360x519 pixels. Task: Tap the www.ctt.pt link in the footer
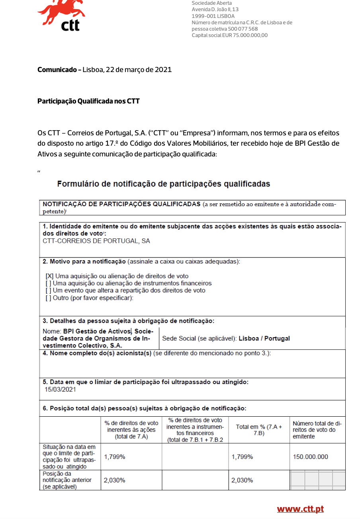[300, 509]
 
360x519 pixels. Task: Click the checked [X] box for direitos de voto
[49, 276]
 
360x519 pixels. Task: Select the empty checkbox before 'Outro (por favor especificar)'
[49, 298]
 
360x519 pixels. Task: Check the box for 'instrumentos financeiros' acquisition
[49, 283]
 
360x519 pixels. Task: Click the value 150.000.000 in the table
[310, 457]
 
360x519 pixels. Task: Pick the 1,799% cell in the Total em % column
[242, 457]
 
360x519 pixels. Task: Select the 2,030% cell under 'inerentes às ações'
[115, 480]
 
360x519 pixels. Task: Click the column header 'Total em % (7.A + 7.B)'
[258, 430]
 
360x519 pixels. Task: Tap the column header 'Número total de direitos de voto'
[317, 430]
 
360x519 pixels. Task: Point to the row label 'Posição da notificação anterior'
[67, 480]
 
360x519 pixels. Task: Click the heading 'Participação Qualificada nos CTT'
[88, 101]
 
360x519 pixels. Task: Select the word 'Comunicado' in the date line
[57, 70]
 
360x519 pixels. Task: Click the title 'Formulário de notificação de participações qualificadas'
[164, 184]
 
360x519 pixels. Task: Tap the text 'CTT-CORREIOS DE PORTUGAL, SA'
[96, 241]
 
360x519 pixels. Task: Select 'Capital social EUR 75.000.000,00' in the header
[229, 35]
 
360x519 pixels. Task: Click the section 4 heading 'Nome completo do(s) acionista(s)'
[97, 354]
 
